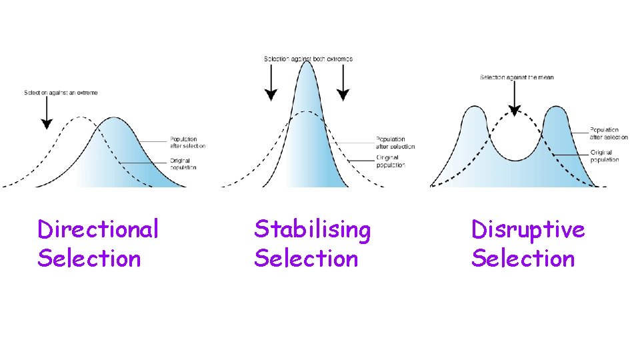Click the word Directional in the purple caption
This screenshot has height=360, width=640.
(x=98, y=229)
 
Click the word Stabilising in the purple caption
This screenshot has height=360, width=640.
(x=312, y=229)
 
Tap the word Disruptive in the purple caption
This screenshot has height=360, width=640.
(x=528, y=229)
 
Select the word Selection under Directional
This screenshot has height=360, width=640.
(x=89, y=258)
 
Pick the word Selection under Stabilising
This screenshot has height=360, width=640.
(x=306, y=258)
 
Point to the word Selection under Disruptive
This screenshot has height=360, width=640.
(x=523, y=258)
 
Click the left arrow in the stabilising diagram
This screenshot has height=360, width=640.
(x=270, y=85)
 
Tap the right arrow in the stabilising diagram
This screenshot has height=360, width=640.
(x=343, y=85)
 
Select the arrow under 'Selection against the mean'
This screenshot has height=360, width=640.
(x=513, y=99)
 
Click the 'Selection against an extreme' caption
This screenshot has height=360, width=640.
(x=61, y=93)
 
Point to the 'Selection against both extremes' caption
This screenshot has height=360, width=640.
(x=308, y=59)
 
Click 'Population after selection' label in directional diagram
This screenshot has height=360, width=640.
(x=187, y=143)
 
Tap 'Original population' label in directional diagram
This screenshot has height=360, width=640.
(x=183, y=164)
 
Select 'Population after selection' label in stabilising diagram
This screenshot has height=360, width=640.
(x=395, y=143)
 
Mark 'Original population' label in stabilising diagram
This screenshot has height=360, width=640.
(x=391, y=161)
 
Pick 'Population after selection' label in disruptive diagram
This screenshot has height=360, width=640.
(x=609, y=133)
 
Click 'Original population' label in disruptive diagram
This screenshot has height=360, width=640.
(x=605, y=156)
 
